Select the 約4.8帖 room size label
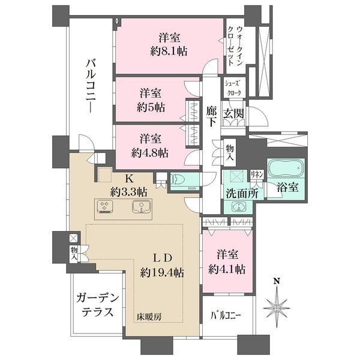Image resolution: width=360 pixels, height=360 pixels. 150,151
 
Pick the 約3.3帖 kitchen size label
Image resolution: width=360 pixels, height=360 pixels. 129,192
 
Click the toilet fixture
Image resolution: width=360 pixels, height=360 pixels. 179,179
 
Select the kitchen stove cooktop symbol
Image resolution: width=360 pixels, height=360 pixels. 106,208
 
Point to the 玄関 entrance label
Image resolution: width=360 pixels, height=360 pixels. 233,114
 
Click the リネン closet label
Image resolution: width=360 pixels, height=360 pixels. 256,174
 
